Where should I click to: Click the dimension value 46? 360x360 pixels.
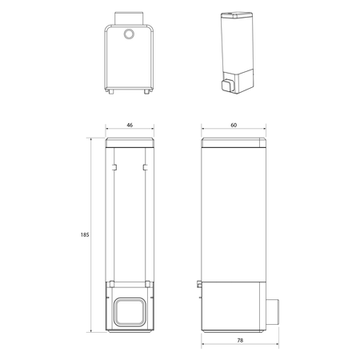(x=130, y=125)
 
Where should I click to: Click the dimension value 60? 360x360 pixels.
(x=234, y=125)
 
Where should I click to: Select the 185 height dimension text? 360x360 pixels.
(x=85, y=235)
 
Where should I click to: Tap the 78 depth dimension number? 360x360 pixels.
(x=240, y=340)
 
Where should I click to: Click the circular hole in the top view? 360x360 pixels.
(x=129, y=34)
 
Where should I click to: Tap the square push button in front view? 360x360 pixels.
(x=130, y=312)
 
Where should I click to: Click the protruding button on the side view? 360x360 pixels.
(x=273, y=312)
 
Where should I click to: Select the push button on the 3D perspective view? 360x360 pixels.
(x=227, y=86)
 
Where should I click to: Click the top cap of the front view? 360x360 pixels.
(x=130, y=142)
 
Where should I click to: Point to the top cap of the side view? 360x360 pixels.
(x=234, y=142)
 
